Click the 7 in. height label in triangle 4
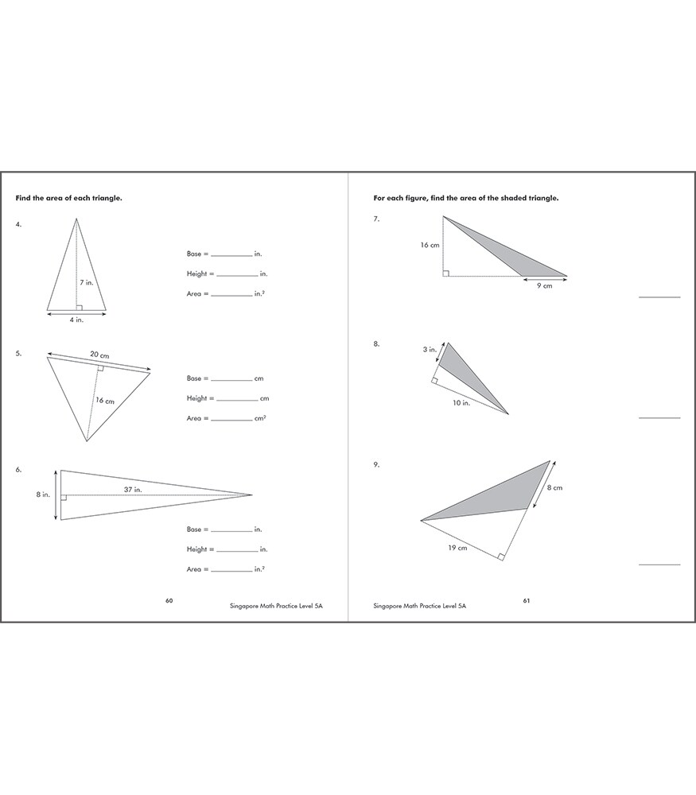87,282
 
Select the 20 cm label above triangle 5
99,354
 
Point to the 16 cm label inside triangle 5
105,401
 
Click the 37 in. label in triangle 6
133,490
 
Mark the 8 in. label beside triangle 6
44,494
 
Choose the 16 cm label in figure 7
430,246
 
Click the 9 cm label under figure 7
544,286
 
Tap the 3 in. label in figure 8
429,349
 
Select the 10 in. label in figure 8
461,403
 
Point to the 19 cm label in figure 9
457,548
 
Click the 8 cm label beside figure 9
554,487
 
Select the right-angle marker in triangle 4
80,306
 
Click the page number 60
169,600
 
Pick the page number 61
527,600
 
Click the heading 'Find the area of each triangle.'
69,198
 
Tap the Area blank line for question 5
232,421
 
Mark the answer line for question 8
659,417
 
